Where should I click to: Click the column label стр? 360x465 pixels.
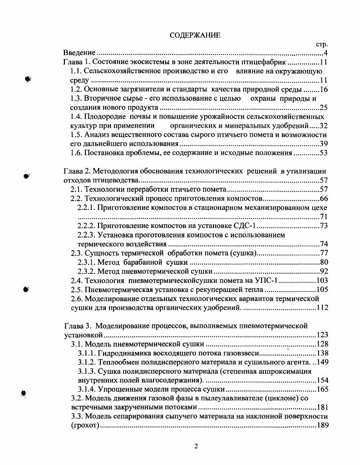tap(322, 45)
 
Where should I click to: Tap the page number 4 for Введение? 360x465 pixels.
tap(326, 54)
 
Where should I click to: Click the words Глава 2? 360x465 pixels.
tap(76, 171)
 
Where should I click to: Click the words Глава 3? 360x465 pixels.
tap(76, 326)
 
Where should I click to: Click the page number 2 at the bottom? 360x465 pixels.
tap(196, 445)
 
